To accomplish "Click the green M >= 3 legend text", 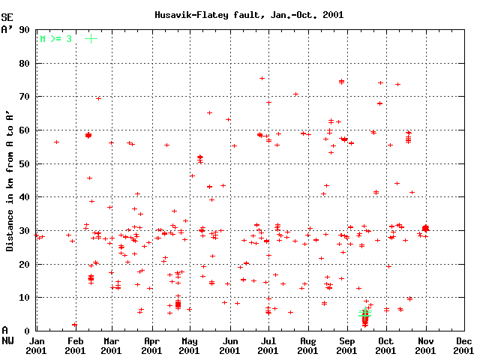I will [55, 37].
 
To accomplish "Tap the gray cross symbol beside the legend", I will [91, 37].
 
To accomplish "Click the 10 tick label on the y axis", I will [25, 298].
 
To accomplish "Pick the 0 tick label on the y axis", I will [28, 331].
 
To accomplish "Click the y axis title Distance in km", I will [9, 181].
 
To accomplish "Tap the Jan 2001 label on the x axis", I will [36, 345].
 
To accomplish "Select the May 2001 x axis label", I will [190, 345].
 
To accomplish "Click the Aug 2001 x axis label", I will [307, 345].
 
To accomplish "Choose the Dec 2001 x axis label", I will [464, 345].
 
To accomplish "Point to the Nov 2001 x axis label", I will [425, 345].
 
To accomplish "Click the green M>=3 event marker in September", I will [364, 313].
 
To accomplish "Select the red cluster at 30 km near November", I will [425, 228].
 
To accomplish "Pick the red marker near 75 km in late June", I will [262, 78].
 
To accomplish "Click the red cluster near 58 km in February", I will [88, 135].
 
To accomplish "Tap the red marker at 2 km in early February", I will [74, 325].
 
